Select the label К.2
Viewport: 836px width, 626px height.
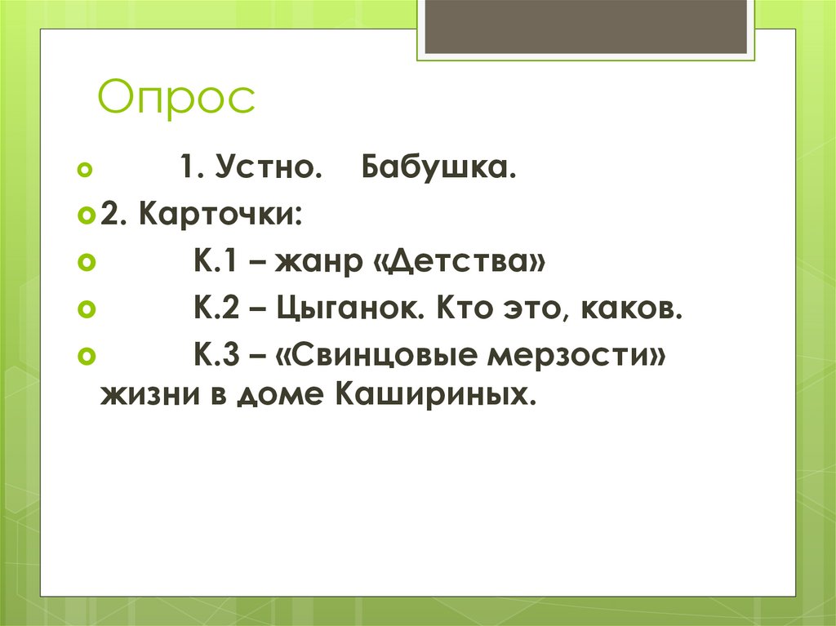pyautogui.click(x=217, y=311)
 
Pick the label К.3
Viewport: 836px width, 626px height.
pyautogui.click(x=217, y=357)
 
